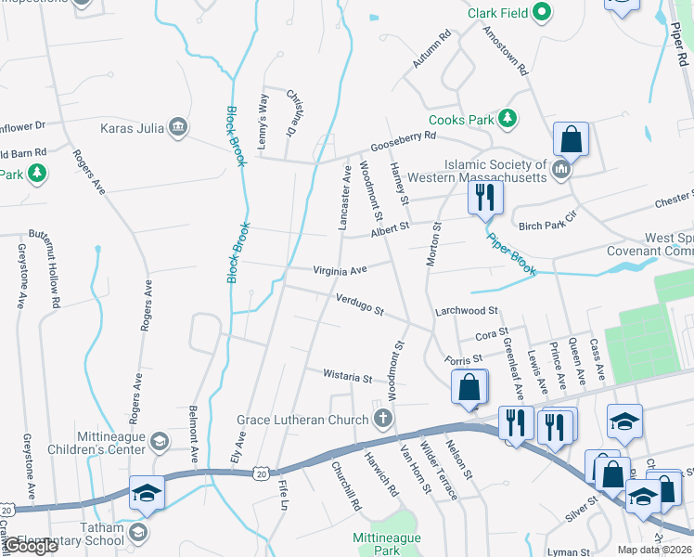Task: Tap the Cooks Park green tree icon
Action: pos(508,119)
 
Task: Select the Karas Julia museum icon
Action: pos(180,126)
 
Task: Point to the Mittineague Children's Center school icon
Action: pos(160,441)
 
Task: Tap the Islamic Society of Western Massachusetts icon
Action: pos(561,170)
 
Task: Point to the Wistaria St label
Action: pos(347,377)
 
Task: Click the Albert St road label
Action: pos(391,230)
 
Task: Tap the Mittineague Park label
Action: pos(388,544)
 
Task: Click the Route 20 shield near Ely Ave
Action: pos(262,473)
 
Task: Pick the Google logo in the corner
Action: pos(32,546)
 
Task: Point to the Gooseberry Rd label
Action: pos(404,142)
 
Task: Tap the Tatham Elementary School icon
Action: pos(138,531)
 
